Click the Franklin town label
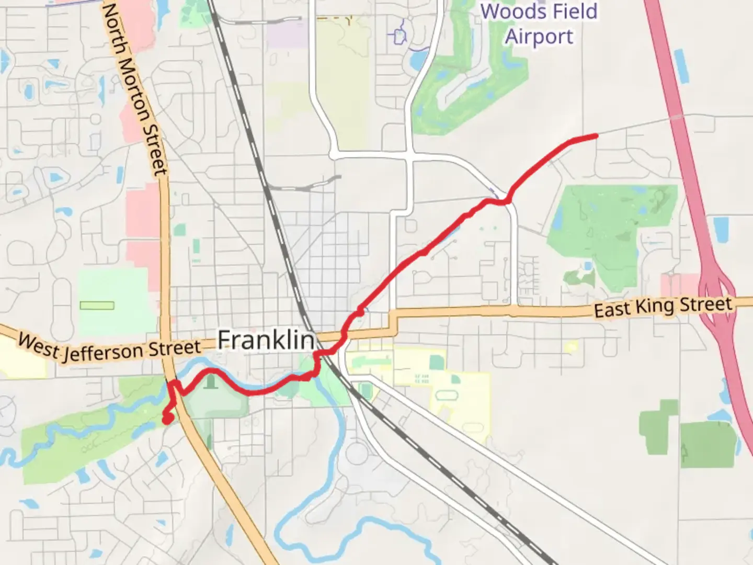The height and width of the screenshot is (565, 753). point(266,340)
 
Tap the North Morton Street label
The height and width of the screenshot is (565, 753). point(135,89)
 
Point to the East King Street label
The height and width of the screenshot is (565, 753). point(663,307)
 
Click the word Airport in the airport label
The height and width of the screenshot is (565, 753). point(539,37)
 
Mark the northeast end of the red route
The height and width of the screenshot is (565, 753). point(596,137)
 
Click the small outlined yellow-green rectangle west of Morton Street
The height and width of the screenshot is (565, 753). point(97,305)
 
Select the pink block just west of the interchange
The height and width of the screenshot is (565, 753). point(679,286)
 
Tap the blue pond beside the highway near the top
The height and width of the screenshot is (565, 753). point(681,65)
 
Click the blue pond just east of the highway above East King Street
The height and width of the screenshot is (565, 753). point(721,229)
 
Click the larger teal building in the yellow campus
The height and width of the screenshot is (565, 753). point(436,362)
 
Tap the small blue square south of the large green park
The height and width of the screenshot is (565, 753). point(588,266)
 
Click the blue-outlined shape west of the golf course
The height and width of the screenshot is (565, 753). point(400,36)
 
